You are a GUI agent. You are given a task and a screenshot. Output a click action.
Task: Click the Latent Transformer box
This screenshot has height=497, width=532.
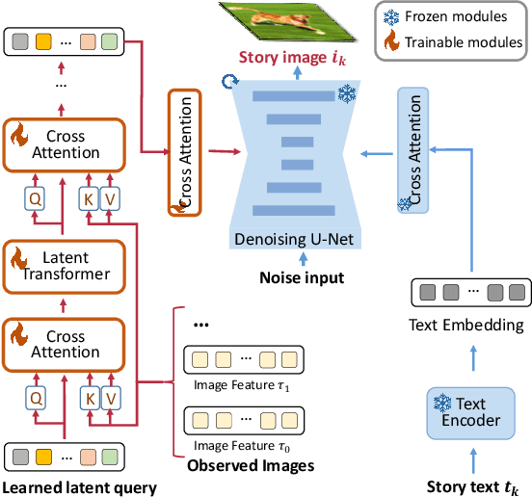[x=65, y=265]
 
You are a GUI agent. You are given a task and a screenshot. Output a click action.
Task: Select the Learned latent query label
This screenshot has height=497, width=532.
[x=80, y=487]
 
